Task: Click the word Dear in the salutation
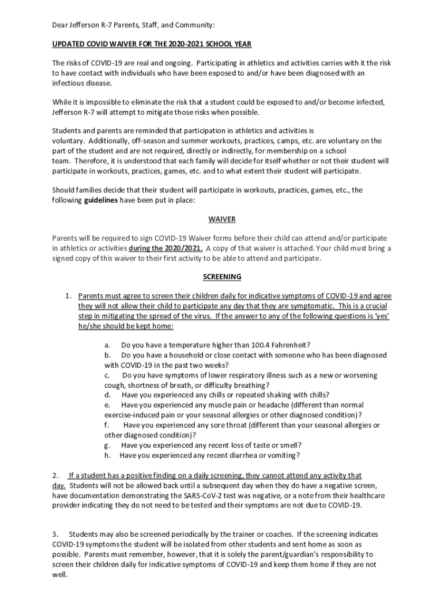click(61, 25)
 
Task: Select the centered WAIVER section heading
click(222, 219)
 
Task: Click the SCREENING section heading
click(222, 277)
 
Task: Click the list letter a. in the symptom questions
click(108, 345)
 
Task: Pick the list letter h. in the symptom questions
click(108, 455)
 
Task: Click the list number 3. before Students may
click(55, 534)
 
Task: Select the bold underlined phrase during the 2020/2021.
click(165, 248)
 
